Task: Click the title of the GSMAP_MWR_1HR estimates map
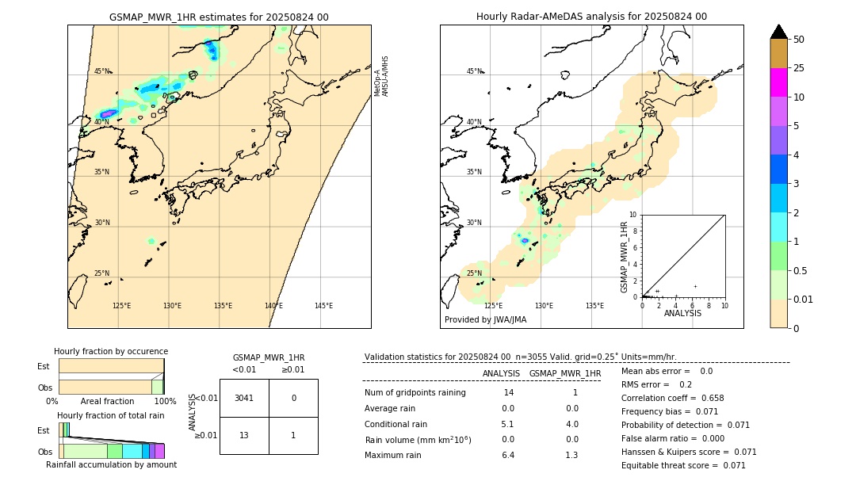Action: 219,17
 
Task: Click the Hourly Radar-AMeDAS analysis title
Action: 591,17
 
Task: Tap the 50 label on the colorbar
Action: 799,40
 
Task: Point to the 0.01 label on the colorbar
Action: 804,299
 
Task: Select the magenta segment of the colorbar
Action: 778,82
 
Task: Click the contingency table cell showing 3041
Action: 244,398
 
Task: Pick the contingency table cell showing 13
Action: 244,435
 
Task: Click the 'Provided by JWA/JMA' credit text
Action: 485,319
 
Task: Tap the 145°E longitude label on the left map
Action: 323,306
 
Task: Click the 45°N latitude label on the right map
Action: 474,71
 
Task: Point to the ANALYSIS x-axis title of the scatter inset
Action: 682,313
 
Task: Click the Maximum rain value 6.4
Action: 507,455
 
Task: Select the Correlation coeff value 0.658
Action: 707,398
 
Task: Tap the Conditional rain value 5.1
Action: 507,424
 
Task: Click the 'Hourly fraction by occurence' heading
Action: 111,351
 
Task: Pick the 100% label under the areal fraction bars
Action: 165,402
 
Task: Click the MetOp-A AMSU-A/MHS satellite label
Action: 381,76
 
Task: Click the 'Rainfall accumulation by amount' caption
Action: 111,464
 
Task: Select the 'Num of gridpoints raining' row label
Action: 415,393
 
